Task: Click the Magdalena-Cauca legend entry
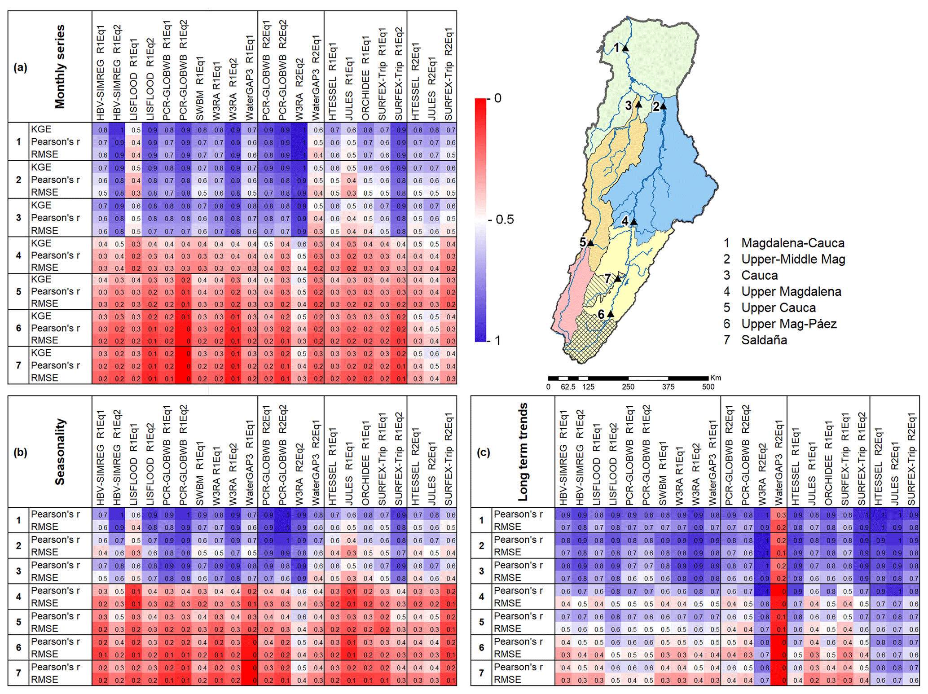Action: click(x=792, y=243)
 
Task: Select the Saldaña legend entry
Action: click(x=764, y=340)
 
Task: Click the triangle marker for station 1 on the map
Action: click(x=625, y=48)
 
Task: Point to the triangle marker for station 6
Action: click(x=611, y=314)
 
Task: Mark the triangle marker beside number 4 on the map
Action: click(x=633, y=221)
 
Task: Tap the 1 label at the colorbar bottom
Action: click(x=497, y=340)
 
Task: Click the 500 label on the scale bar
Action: click(x=708, y=387)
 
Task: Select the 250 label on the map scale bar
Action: click(x=628, y=387)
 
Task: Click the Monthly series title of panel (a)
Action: click(x=60, y=66)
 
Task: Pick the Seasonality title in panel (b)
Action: click(x=60, y=452)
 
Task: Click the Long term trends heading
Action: click(x=523, y=452)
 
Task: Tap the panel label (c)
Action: click(x=483, y=452)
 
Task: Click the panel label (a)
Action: click(x=20, y=67)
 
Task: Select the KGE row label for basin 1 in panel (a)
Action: click(x=41, y=129)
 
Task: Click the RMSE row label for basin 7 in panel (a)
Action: click(x=44, y=378)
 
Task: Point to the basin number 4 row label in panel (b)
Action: click(x=18, y=597)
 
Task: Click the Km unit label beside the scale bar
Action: click(x=716, y=378)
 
